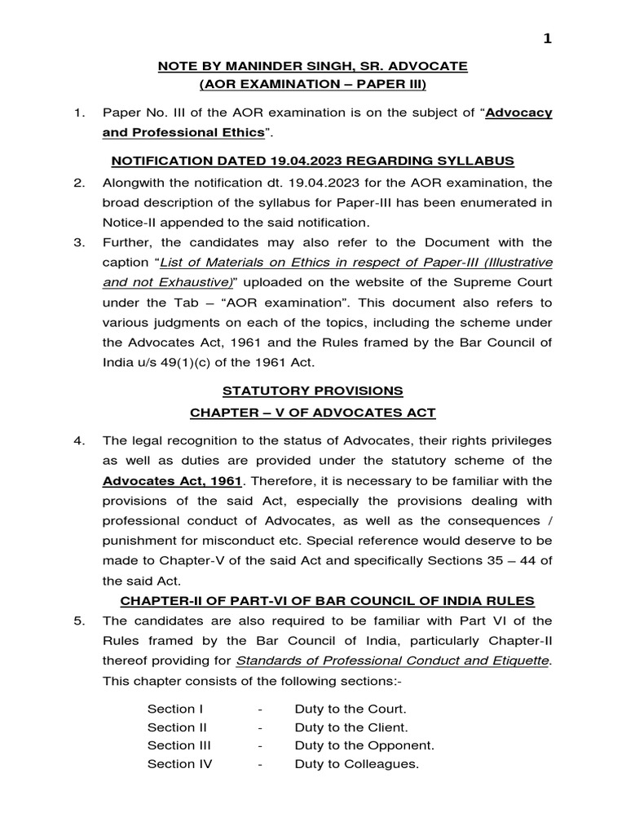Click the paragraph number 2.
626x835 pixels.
(x=80, y=183)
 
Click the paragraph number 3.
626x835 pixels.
(x=80, y=242)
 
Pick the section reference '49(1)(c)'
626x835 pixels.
(x=194, y=360)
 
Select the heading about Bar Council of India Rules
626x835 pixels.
(x=328, y=601)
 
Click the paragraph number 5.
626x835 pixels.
(x=80, y=621)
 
